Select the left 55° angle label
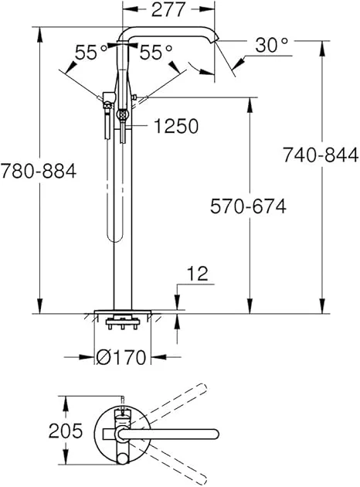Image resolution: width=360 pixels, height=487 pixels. [x=91, y=53]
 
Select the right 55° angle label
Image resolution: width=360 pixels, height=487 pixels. [x=156, y=53]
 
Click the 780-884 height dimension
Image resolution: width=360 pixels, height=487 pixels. [x=39, y=171]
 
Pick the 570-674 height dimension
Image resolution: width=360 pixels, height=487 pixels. [x=249, y=206]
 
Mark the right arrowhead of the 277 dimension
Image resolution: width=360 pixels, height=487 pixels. [x=209, y=11]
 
